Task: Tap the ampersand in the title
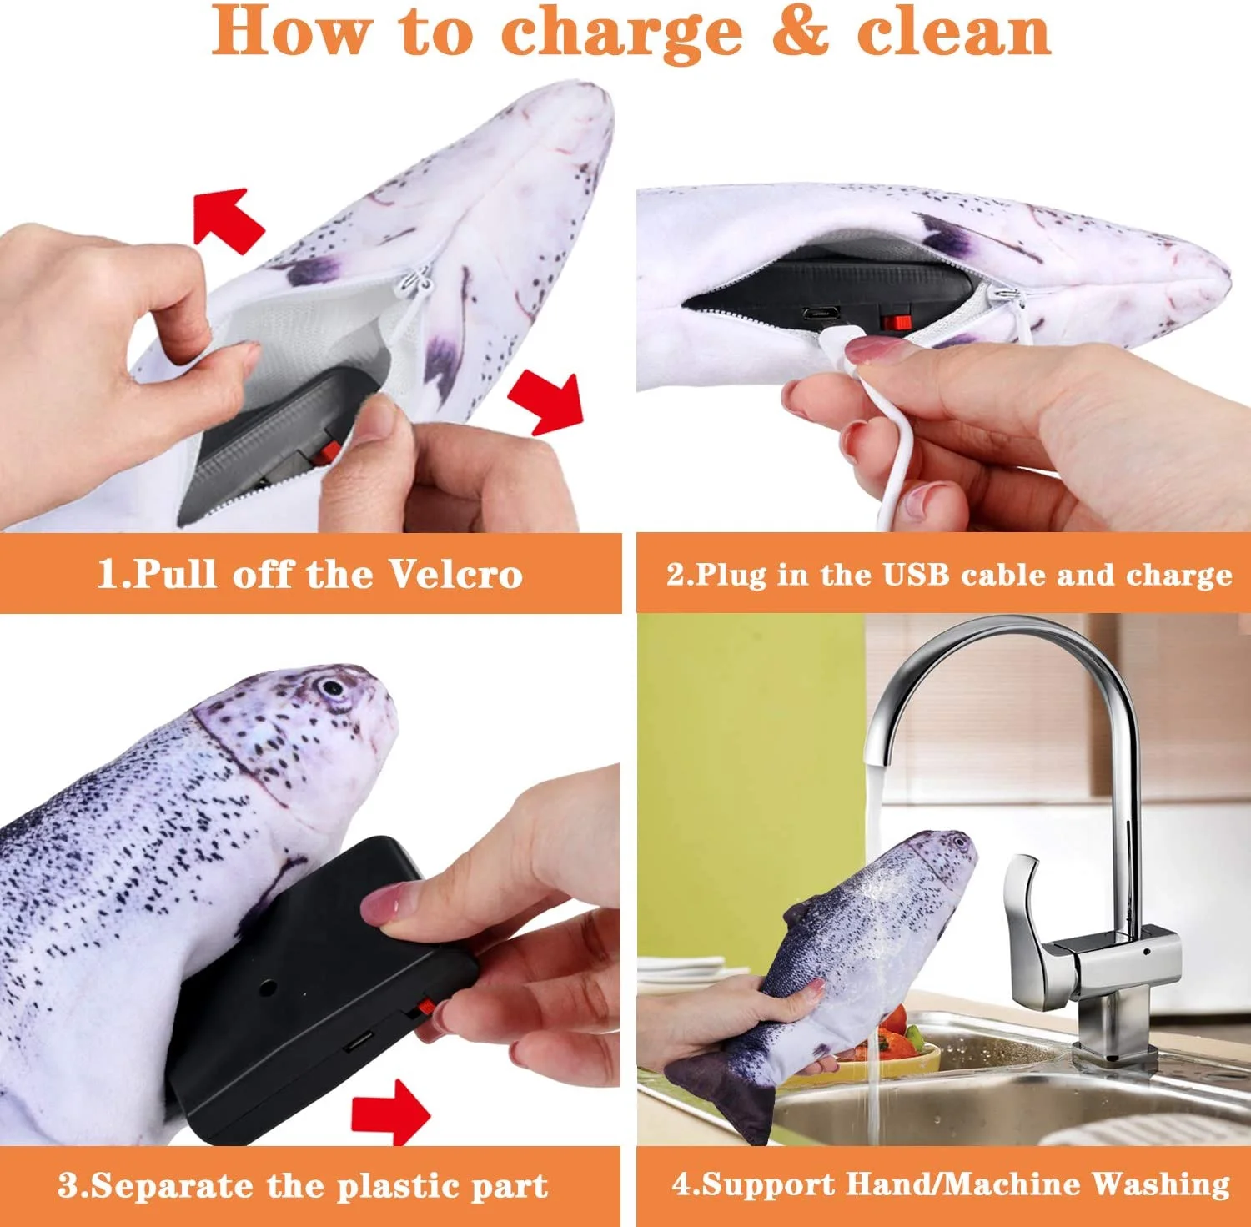coord(799,32)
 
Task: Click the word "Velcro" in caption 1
coord(455,574)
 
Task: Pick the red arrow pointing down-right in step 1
coord(547,403)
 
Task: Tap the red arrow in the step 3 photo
coord(390,1112)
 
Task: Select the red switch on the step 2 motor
coord(897,321)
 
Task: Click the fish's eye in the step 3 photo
coord(333,689)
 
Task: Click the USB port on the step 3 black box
coord(360,1042)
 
